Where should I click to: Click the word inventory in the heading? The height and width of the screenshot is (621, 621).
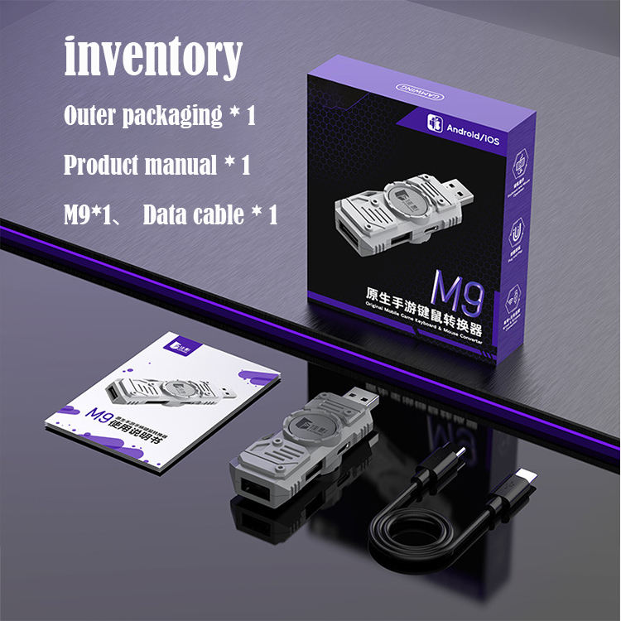coord(153,56)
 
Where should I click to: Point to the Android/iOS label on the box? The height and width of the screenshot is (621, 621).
coord(471,129)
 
